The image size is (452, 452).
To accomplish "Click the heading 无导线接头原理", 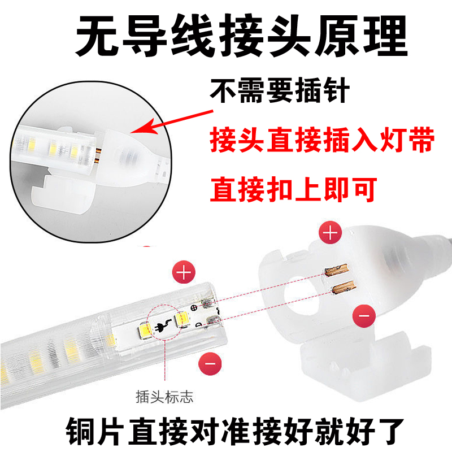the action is (x=242, y=36).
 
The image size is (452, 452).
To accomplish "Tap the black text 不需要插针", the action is (x=280, y=90).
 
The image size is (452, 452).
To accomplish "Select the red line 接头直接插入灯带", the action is (x=322, y=139).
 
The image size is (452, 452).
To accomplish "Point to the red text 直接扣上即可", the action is (x=293, y=189).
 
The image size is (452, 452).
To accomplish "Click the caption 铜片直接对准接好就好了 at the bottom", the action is (x=234, y=431).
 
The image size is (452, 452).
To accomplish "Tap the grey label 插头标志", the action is (x=164, y=397).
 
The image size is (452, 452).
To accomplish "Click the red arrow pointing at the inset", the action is (x=172, y=122).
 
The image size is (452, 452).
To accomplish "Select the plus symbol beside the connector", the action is (x=331, y=232).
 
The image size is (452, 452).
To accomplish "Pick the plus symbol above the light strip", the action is (x=184, y=272).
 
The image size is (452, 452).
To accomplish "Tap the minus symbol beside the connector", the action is (x=364, y=316).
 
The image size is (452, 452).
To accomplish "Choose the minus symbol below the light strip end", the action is (x=210, y=363).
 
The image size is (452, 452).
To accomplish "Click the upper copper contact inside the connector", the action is (x=337, y=270).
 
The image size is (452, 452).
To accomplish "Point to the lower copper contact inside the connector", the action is (x=344, y=287).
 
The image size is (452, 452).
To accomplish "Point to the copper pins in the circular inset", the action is (x=98, y=155).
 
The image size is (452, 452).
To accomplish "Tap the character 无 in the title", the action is (x=97, y=36).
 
